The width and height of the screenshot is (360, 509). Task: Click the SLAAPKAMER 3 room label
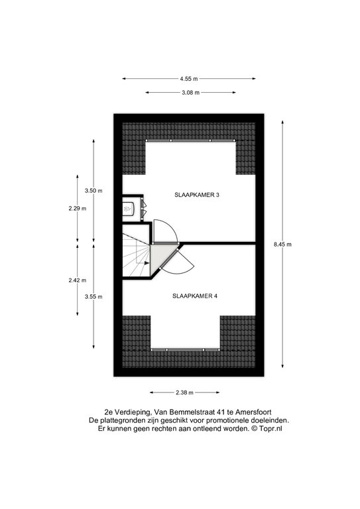point(197,195)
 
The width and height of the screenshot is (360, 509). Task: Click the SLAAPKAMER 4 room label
point(195,296)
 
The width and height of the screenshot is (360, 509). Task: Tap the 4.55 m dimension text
point(189,79)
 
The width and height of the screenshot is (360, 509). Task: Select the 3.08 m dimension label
point(190,93)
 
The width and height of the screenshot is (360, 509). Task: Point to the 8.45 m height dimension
point(282,245)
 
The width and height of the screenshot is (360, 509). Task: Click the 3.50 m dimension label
point(93,191)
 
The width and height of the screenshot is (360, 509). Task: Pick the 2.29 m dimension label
point(78,208)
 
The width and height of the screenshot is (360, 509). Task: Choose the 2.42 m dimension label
point(78,280)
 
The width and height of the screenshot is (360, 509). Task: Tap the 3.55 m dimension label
point(93,296)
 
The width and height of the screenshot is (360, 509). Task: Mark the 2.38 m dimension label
point(184,392)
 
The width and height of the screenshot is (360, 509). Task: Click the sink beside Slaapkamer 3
point(128,207)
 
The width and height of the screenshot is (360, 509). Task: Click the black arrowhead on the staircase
point(147,263)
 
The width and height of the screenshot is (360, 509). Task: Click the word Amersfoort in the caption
point(253,412)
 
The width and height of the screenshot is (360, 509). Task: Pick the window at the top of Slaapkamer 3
point(190,141)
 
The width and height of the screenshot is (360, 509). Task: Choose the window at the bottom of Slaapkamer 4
point(186,350)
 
